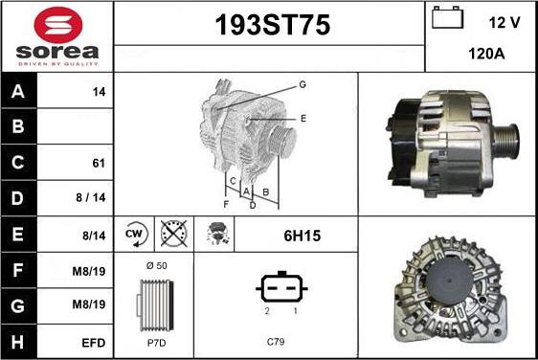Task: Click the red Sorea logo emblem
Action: pyautogui.click(x=58, y=25)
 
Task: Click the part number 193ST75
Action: pyautogui.click(x=273, y=25)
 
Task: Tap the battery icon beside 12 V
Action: pyautogui.click(x=447, y=17)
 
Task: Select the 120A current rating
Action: pyautogui.click(x=486, y=54)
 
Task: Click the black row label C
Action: pyautogui.click(x=18, y=163)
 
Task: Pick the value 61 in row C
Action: pyautogui.click(x=99, y=163)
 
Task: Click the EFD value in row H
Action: pyautogui.click(x=93, y=343)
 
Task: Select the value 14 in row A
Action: pyautogui.click(x=99, y=92)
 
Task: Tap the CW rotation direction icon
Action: pyautogui.click(x=135, y=234)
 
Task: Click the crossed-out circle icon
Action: pyautogui.click(x=174, y=234)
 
